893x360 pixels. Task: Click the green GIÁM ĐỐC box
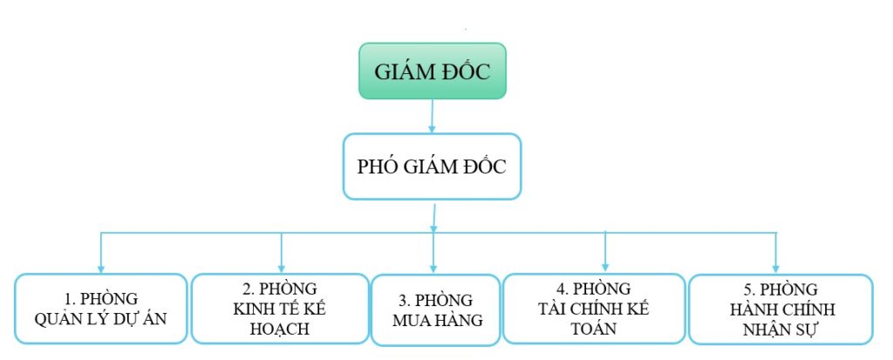433,71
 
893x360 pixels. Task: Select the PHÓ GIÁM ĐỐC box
433,166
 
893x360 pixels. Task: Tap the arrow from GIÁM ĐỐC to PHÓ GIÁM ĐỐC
433,117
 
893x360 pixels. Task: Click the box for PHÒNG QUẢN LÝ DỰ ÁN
101,309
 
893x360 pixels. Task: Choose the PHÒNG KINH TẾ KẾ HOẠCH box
280,309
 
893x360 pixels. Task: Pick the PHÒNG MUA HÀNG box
436,309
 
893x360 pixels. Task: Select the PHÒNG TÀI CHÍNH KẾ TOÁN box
594,309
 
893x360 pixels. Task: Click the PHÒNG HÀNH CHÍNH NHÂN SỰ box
781,309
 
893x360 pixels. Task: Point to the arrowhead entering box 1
101,268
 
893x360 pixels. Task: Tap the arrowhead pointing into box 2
282,268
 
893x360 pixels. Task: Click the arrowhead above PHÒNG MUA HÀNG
433,268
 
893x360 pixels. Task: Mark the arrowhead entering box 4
605,266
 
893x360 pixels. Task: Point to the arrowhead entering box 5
775,268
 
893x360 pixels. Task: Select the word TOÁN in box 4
594,329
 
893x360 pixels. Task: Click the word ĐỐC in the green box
466,72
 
